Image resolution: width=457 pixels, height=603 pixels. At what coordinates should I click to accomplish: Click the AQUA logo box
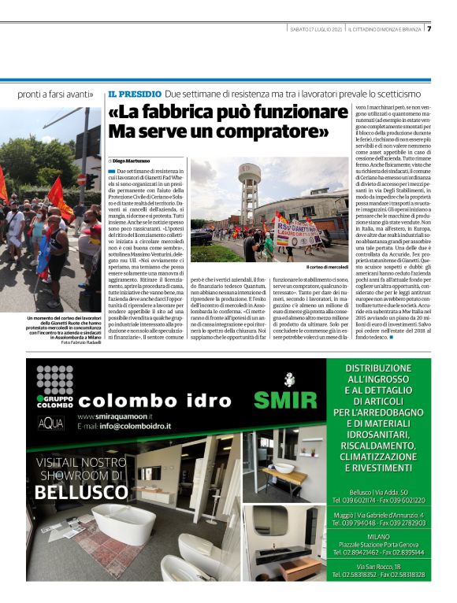pyautogui.click(x=51, y=423)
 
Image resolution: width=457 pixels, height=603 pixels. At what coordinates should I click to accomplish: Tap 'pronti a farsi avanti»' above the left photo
pyautogui.click(x=56, y=94)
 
